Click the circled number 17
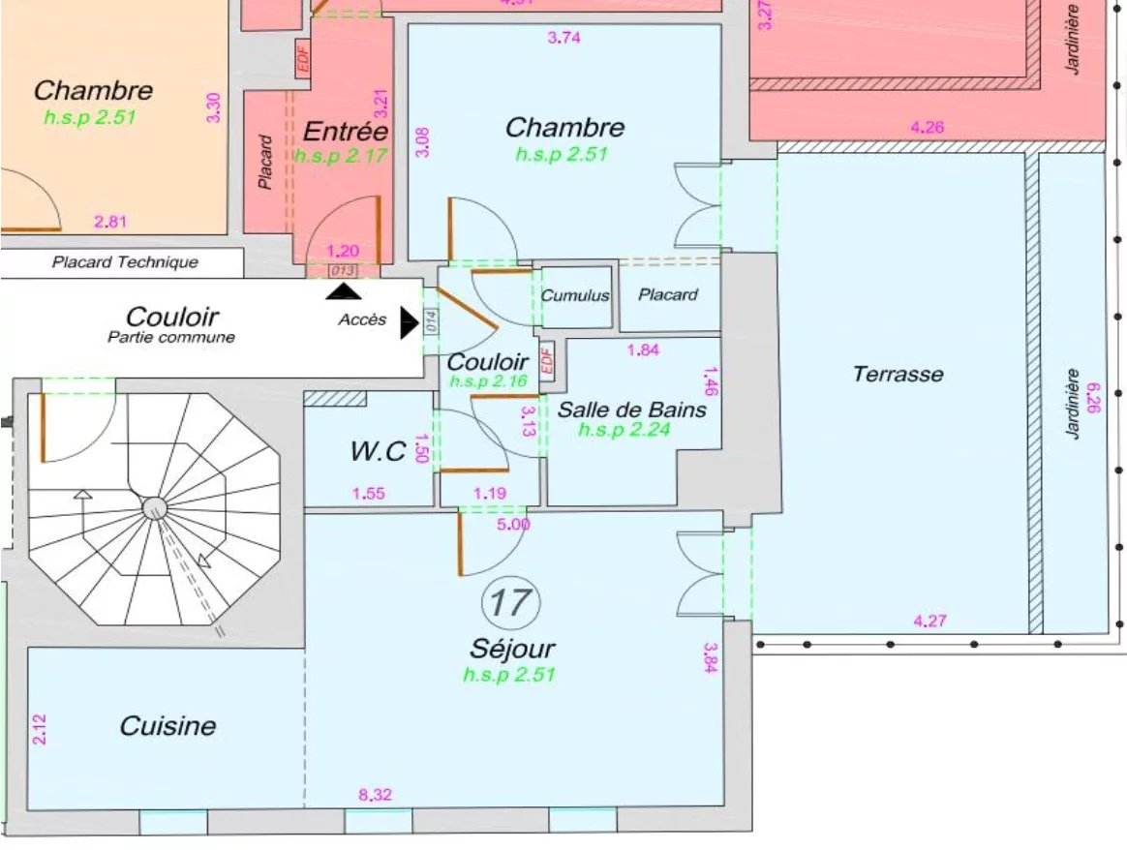[x=510, y=602]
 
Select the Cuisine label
[x=168, y=726]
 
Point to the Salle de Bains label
[x=631, y=410]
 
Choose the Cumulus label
[x=575, y=295]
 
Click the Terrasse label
[x=898, y=374]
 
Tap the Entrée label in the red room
[x=345, y=132]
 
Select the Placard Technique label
[x=125, y=262]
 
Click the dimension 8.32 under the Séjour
[x=376, y=796]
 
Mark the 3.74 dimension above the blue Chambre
[x=564, y=39]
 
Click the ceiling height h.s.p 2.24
[x=624, y=430]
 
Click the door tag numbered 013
[x=343, y=270]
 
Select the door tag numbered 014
[x=431, y=321]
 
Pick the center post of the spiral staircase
[x=154, y=507]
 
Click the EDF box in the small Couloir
[x=546, y=360]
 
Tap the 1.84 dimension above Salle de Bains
[x=643, y=350]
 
